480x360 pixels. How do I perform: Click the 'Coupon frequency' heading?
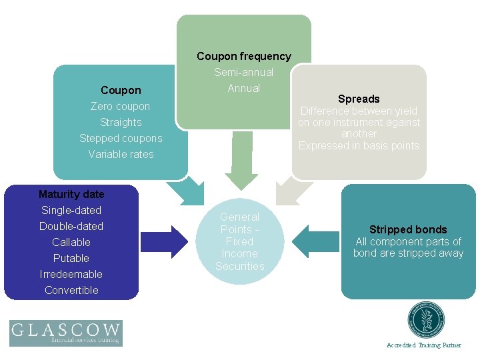(x=243, y=57)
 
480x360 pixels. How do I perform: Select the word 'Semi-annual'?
(x=243, y=73)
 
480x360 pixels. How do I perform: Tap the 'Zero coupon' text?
(x=121, y=106)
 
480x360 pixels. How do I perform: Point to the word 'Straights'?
(x=121, y=122)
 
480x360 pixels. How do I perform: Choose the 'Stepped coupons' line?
(x=121, y=138)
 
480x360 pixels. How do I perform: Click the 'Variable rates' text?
(x=121, y=154)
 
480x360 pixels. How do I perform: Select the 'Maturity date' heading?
(x=71, y=194)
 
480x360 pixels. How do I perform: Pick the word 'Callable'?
(x=71, y=242)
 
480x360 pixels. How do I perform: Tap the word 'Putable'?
(x=71, y=258)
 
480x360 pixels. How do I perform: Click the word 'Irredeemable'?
(x=71, y=274)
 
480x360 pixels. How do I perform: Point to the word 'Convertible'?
(x=71, y=290)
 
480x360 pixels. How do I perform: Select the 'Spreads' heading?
(x=359, y=99)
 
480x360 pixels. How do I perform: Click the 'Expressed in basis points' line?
(x=359, y=146)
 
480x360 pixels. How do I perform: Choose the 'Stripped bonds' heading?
(x=408, y=230)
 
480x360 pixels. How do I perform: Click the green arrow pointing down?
(x=241, y=160)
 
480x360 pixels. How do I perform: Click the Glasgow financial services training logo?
(x=65, y=333)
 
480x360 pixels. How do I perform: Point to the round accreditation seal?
(x=425, y=321)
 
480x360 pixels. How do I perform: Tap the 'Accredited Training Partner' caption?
(x=424, y=345)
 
